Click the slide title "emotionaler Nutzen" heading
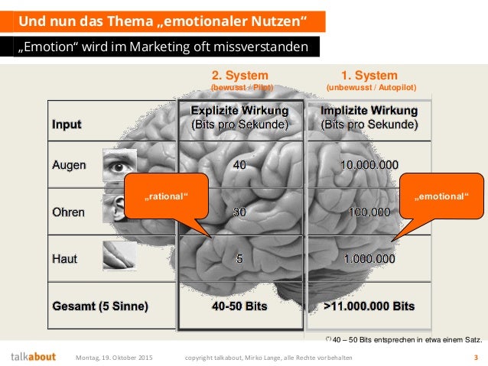(x=164, y=20)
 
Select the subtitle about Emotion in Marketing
(x=165, y=47)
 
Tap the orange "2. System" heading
(x=239, y=76)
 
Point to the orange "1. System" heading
(x=369, y=76)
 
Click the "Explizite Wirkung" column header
(x=239, y=117)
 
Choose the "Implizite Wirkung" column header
(x=370, y=117)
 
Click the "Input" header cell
(x=67, y=123)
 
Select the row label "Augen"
(x=69, y=164)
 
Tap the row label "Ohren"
(x=69, y=212)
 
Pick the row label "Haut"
(x=64, y=259)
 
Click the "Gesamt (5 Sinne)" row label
(x=100, y=306)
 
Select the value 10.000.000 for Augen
(x=370, y=164)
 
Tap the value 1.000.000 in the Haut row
(x=370, y=259)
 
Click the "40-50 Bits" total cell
(x=239, y=306)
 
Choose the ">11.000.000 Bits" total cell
(x=370, y=306)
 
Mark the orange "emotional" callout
(x=440, y=197)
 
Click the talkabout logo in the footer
(x=34, y=356)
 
